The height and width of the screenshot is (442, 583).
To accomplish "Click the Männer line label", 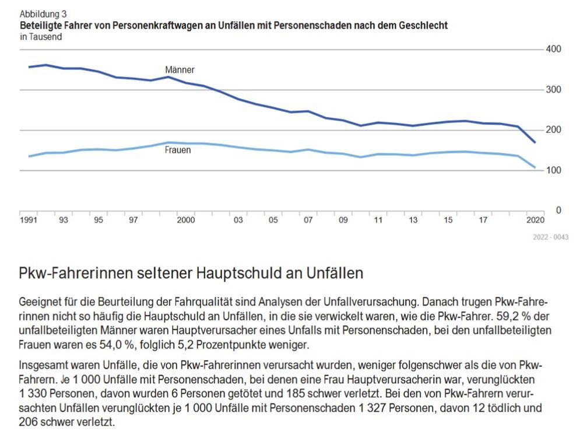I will (x=180, y=70).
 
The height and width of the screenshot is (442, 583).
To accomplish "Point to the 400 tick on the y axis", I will (x=553, y=49).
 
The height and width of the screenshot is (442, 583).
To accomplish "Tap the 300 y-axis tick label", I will (x=553, y=89).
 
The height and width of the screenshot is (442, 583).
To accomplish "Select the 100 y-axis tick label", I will (x=553, y=170).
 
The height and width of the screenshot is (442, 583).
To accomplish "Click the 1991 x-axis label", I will (x=28, y=220).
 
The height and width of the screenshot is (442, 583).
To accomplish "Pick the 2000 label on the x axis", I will (x=185, y=220).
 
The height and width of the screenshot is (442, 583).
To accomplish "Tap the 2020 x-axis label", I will (x=535, y=220).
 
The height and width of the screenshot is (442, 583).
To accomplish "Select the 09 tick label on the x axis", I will (x=343, y=220).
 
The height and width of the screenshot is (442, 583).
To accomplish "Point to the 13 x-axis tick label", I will (x=413, y=220).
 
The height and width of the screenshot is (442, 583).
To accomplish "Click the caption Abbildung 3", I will (x=43, y=14).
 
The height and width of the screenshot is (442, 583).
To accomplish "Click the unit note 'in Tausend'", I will (x=41, y=37).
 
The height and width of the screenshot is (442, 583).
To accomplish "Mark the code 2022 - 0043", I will (x=550, y=237).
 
